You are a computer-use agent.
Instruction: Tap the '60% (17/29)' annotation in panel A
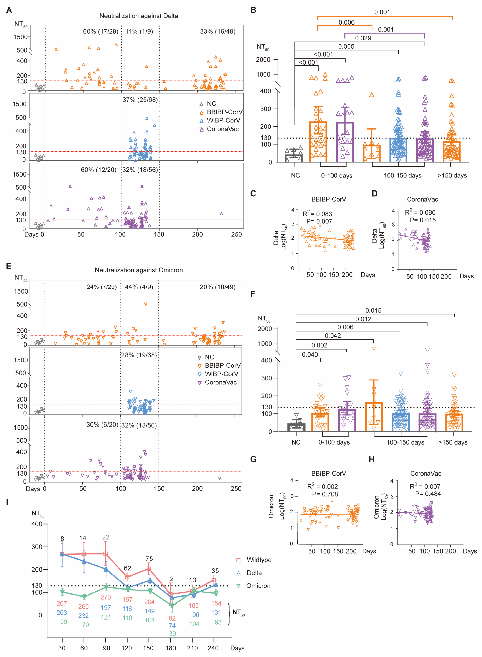[x=100, y=32]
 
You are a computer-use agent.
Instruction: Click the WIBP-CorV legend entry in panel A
[x=223, y=120]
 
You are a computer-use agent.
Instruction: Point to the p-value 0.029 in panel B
[x=363, y=38]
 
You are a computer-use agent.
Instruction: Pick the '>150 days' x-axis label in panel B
[x=452, y=175]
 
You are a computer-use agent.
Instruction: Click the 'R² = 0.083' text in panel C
[x=317, y=213]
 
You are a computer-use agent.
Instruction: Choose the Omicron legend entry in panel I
[x=258, y=586]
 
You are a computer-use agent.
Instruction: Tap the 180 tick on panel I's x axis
[x=171, y=648]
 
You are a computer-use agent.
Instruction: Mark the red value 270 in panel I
[x=106, y=597]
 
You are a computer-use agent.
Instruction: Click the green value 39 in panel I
[x=172, y=633]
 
